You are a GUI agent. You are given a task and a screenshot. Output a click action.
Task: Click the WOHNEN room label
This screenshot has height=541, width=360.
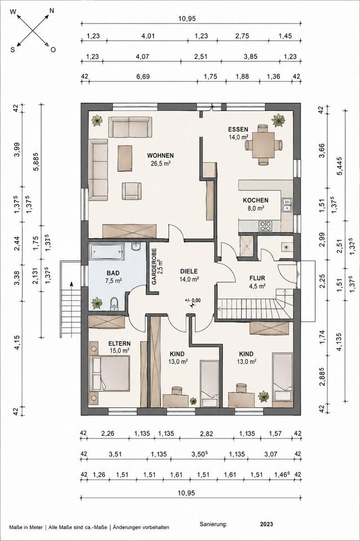point(161,156)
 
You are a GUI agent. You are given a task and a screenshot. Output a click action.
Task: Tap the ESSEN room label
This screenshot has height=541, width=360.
point(238,130)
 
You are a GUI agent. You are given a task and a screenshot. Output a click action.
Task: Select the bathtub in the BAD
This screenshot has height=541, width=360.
point(106,252)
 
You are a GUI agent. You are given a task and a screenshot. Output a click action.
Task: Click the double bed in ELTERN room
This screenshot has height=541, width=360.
point(110,373)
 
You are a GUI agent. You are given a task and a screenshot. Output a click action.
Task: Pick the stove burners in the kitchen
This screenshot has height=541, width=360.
point(265,225)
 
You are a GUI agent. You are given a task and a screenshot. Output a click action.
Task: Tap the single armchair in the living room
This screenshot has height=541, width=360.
point(131,191)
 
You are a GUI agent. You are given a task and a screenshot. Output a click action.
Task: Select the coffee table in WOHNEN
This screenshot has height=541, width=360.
point(125,158)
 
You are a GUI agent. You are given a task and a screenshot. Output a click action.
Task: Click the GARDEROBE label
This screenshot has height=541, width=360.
point(154,266)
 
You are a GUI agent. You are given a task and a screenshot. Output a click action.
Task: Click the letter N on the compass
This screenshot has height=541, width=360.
point(52,11)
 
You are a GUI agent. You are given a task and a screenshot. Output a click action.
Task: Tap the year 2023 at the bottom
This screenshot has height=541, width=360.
point(266,524)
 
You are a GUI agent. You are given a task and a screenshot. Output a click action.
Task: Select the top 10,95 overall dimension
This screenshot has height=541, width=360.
point(187,19)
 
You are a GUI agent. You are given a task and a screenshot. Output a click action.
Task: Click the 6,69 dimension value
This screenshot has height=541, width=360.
point(143,76)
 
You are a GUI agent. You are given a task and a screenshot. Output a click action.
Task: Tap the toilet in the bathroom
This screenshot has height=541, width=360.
point(114,304)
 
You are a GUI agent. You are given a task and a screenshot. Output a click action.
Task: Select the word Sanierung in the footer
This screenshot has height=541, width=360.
point(214,524)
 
